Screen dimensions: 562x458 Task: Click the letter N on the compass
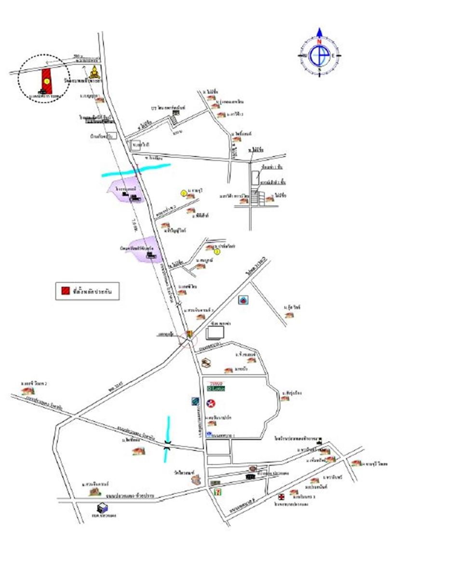319,42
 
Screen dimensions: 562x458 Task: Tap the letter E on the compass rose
333,55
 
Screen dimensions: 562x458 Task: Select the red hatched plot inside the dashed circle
46,79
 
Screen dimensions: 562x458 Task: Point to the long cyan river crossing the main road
136,170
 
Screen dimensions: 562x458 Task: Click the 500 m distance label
70,56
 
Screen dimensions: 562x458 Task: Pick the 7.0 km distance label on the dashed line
134,223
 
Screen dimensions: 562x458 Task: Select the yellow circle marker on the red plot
46,81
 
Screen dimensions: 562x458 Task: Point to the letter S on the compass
319,69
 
